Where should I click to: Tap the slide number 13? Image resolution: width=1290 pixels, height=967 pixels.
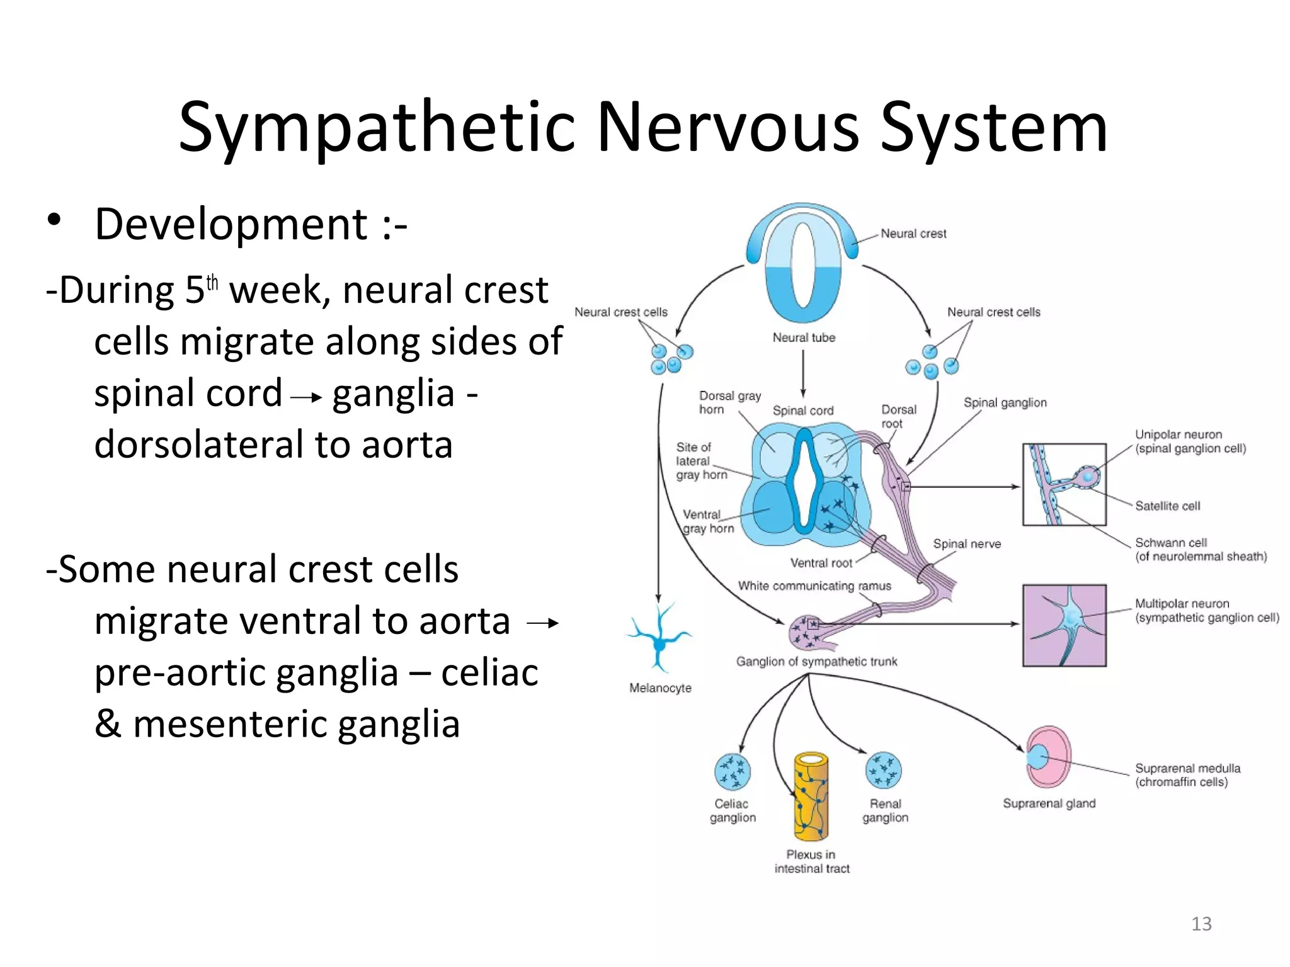(x=1201, y=924)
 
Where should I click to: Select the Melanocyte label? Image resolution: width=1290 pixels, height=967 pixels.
(x=660, y=688)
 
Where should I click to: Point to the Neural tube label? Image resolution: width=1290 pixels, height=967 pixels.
(x=804, y=337)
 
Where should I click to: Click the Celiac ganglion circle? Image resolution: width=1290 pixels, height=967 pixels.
(x=732, y=771)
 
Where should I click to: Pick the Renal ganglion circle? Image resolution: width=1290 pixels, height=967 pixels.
(x=883, y=770)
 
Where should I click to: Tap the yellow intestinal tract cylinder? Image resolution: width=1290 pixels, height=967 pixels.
(x=811, y=796)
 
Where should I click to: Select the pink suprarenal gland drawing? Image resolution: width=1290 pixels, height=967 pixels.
(x=1048, y=757)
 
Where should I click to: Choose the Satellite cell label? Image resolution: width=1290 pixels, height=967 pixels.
(x=1167, y=506)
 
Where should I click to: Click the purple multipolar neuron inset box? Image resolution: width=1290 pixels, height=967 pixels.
(x=1064, y=625)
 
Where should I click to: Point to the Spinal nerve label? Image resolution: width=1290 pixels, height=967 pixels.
(x=967, y=544)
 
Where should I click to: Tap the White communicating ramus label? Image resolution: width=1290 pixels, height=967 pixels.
(x=814, y=586)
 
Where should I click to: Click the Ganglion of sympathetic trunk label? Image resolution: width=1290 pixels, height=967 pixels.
(x=816, y=662)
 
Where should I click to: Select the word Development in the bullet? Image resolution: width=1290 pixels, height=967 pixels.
(x=231, y=224)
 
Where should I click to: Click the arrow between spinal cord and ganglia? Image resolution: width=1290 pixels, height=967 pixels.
(x=307, y=397)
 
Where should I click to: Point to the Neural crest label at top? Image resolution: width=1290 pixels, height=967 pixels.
(x=913, y=234)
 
